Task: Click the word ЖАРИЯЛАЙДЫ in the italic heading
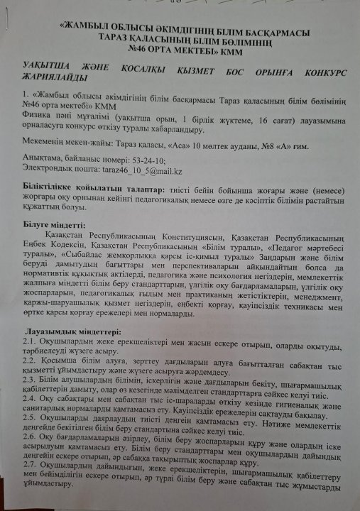[x=57, y=77]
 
